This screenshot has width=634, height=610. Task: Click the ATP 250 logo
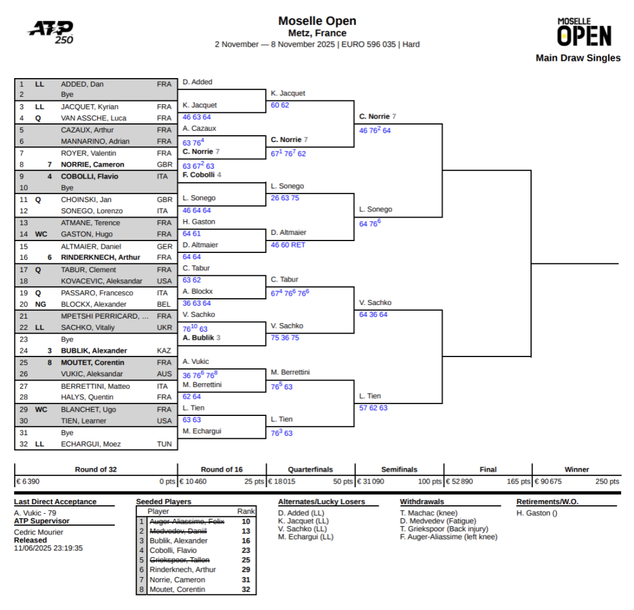coord(51,32)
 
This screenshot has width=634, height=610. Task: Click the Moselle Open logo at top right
coord(584,32)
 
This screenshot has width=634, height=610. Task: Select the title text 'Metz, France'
coord(317,33)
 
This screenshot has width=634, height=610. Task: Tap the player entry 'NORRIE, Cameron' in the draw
coord(92,165)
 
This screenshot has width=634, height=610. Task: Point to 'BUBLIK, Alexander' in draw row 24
coord(93,351)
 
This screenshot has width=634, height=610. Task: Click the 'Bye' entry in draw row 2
coord(67,95)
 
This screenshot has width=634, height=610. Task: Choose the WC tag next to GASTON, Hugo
coord(41,234)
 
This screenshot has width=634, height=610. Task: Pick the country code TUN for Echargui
coord(164,444)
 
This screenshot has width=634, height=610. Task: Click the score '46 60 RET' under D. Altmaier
coord(289,245)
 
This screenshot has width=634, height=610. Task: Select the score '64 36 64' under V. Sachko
coord(373,315)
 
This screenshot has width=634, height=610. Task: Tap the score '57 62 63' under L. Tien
coord(373,408)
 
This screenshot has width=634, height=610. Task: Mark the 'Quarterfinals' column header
coord(310,470)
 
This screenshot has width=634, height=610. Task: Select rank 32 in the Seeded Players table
coord(246,590)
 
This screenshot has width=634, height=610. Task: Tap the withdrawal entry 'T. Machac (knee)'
coord(428,513)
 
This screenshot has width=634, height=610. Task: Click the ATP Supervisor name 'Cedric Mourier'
coord(38,532)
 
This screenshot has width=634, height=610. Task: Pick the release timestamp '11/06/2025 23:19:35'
coord(48,548)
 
